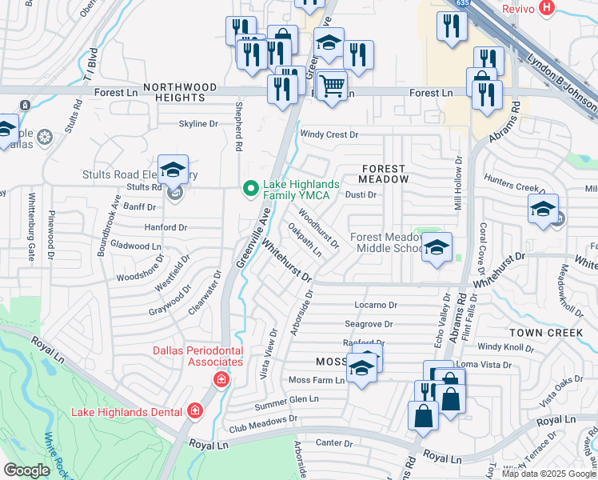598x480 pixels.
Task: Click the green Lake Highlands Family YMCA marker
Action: click(251, 190)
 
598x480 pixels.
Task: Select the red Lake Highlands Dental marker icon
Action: click(193, 411)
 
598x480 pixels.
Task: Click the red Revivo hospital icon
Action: click(547, 8)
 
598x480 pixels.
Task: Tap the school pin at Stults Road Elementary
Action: click(173, 170)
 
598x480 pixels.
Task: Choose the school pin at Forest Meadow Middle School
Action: click(437, 248)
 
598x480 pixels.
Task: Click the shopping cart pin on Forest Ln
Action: click(332, 86)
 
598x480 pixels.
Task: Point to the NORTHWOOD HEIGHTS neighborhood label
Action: click(180, 92)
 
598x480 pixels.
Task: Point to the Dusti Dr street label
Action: click(361, 194)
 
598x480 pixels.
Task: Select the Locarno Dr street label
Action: click(375, 306)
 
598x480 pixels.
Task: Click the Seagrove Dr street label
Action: click(369, 324)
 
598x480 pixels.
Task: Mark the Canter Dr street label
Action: click(329, 442)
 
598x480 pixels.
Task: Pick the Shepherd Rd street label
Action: click(237, 126)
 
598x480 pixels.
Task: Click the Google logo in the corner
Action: click(27, 470)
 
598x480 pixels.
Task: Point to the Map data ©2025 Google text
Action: click(548, 474)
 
